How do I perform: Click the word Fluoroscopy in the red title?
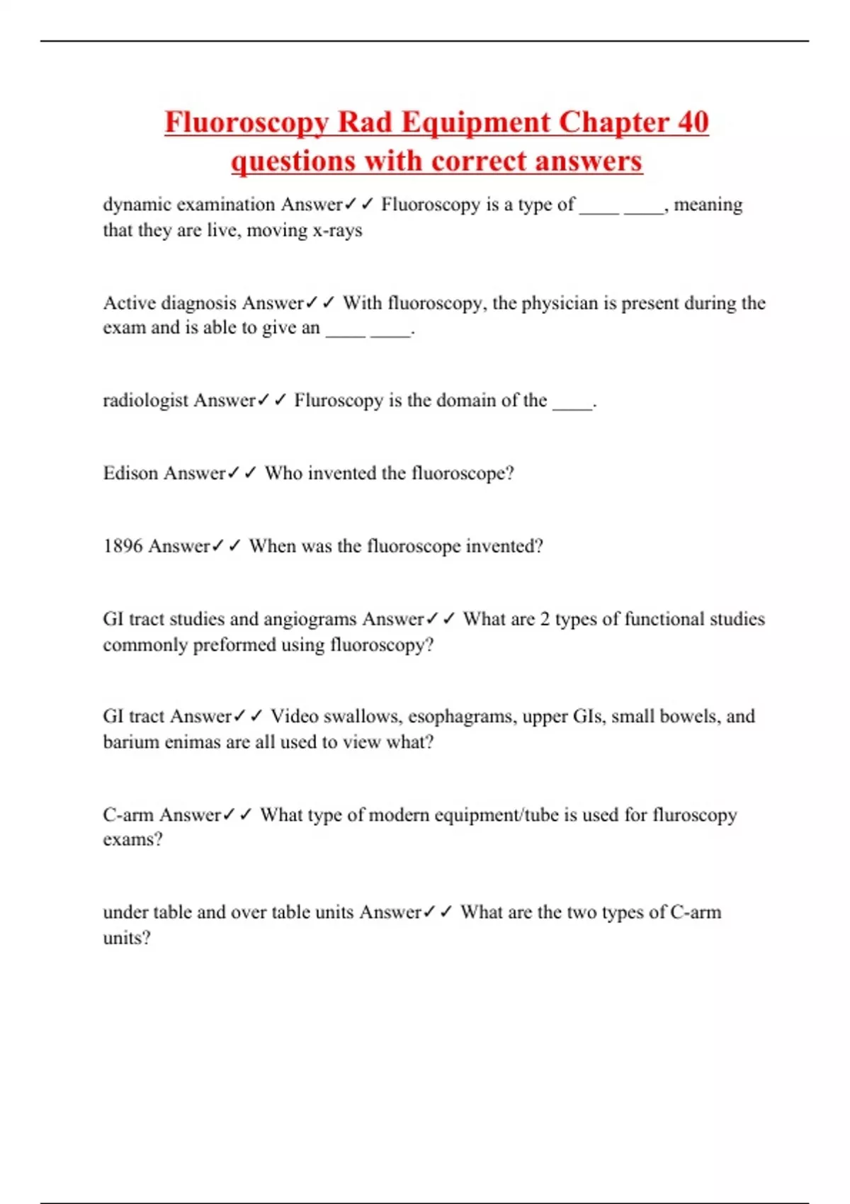click(x=246, y=122)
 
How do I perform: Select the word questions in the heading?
click(x=293, y=161)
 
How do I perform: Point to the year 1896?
click(x=123, y=546)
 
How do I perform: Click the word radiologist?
click(x=145, y=401)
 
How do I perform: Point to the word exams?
click(x=132, y=840)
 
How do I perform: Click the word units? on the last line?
click(x=127, y=938)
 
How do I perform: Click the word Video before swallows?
click(x=294, y=717)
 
